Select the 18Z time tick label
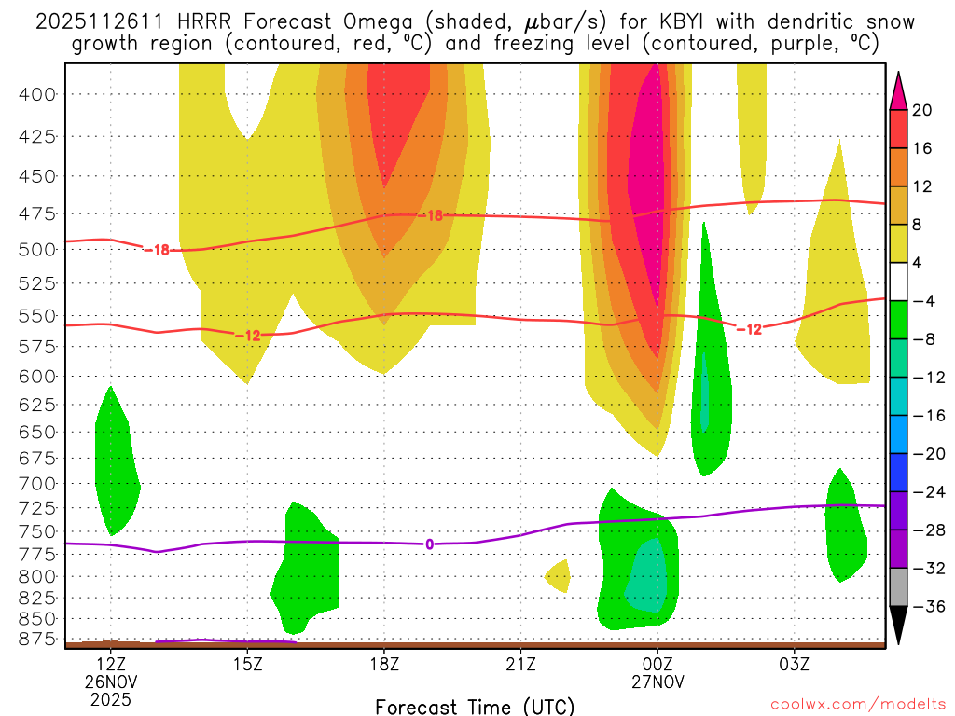click(x=384, y=665)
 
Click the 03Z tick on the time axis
click(x=794, y=665)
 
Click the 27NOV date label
click(x=657, y=682)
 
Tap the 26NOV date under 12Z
click(x=111, y=682)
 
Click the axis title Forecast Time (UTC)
click(x=475, y=706)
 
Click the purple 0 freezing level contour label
click(x=429, y=544)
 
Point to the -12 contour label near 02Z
click(x=749, y=329)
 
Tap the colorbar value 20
click(x=923, y=110)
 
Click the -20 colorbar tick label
click(x=921, y=453)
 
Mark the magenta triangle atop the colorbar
click(x=898, y=89)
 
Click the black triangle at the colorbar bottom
click(x=898, y=626)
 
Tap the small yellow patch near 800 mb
click(x=559, y=576)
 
